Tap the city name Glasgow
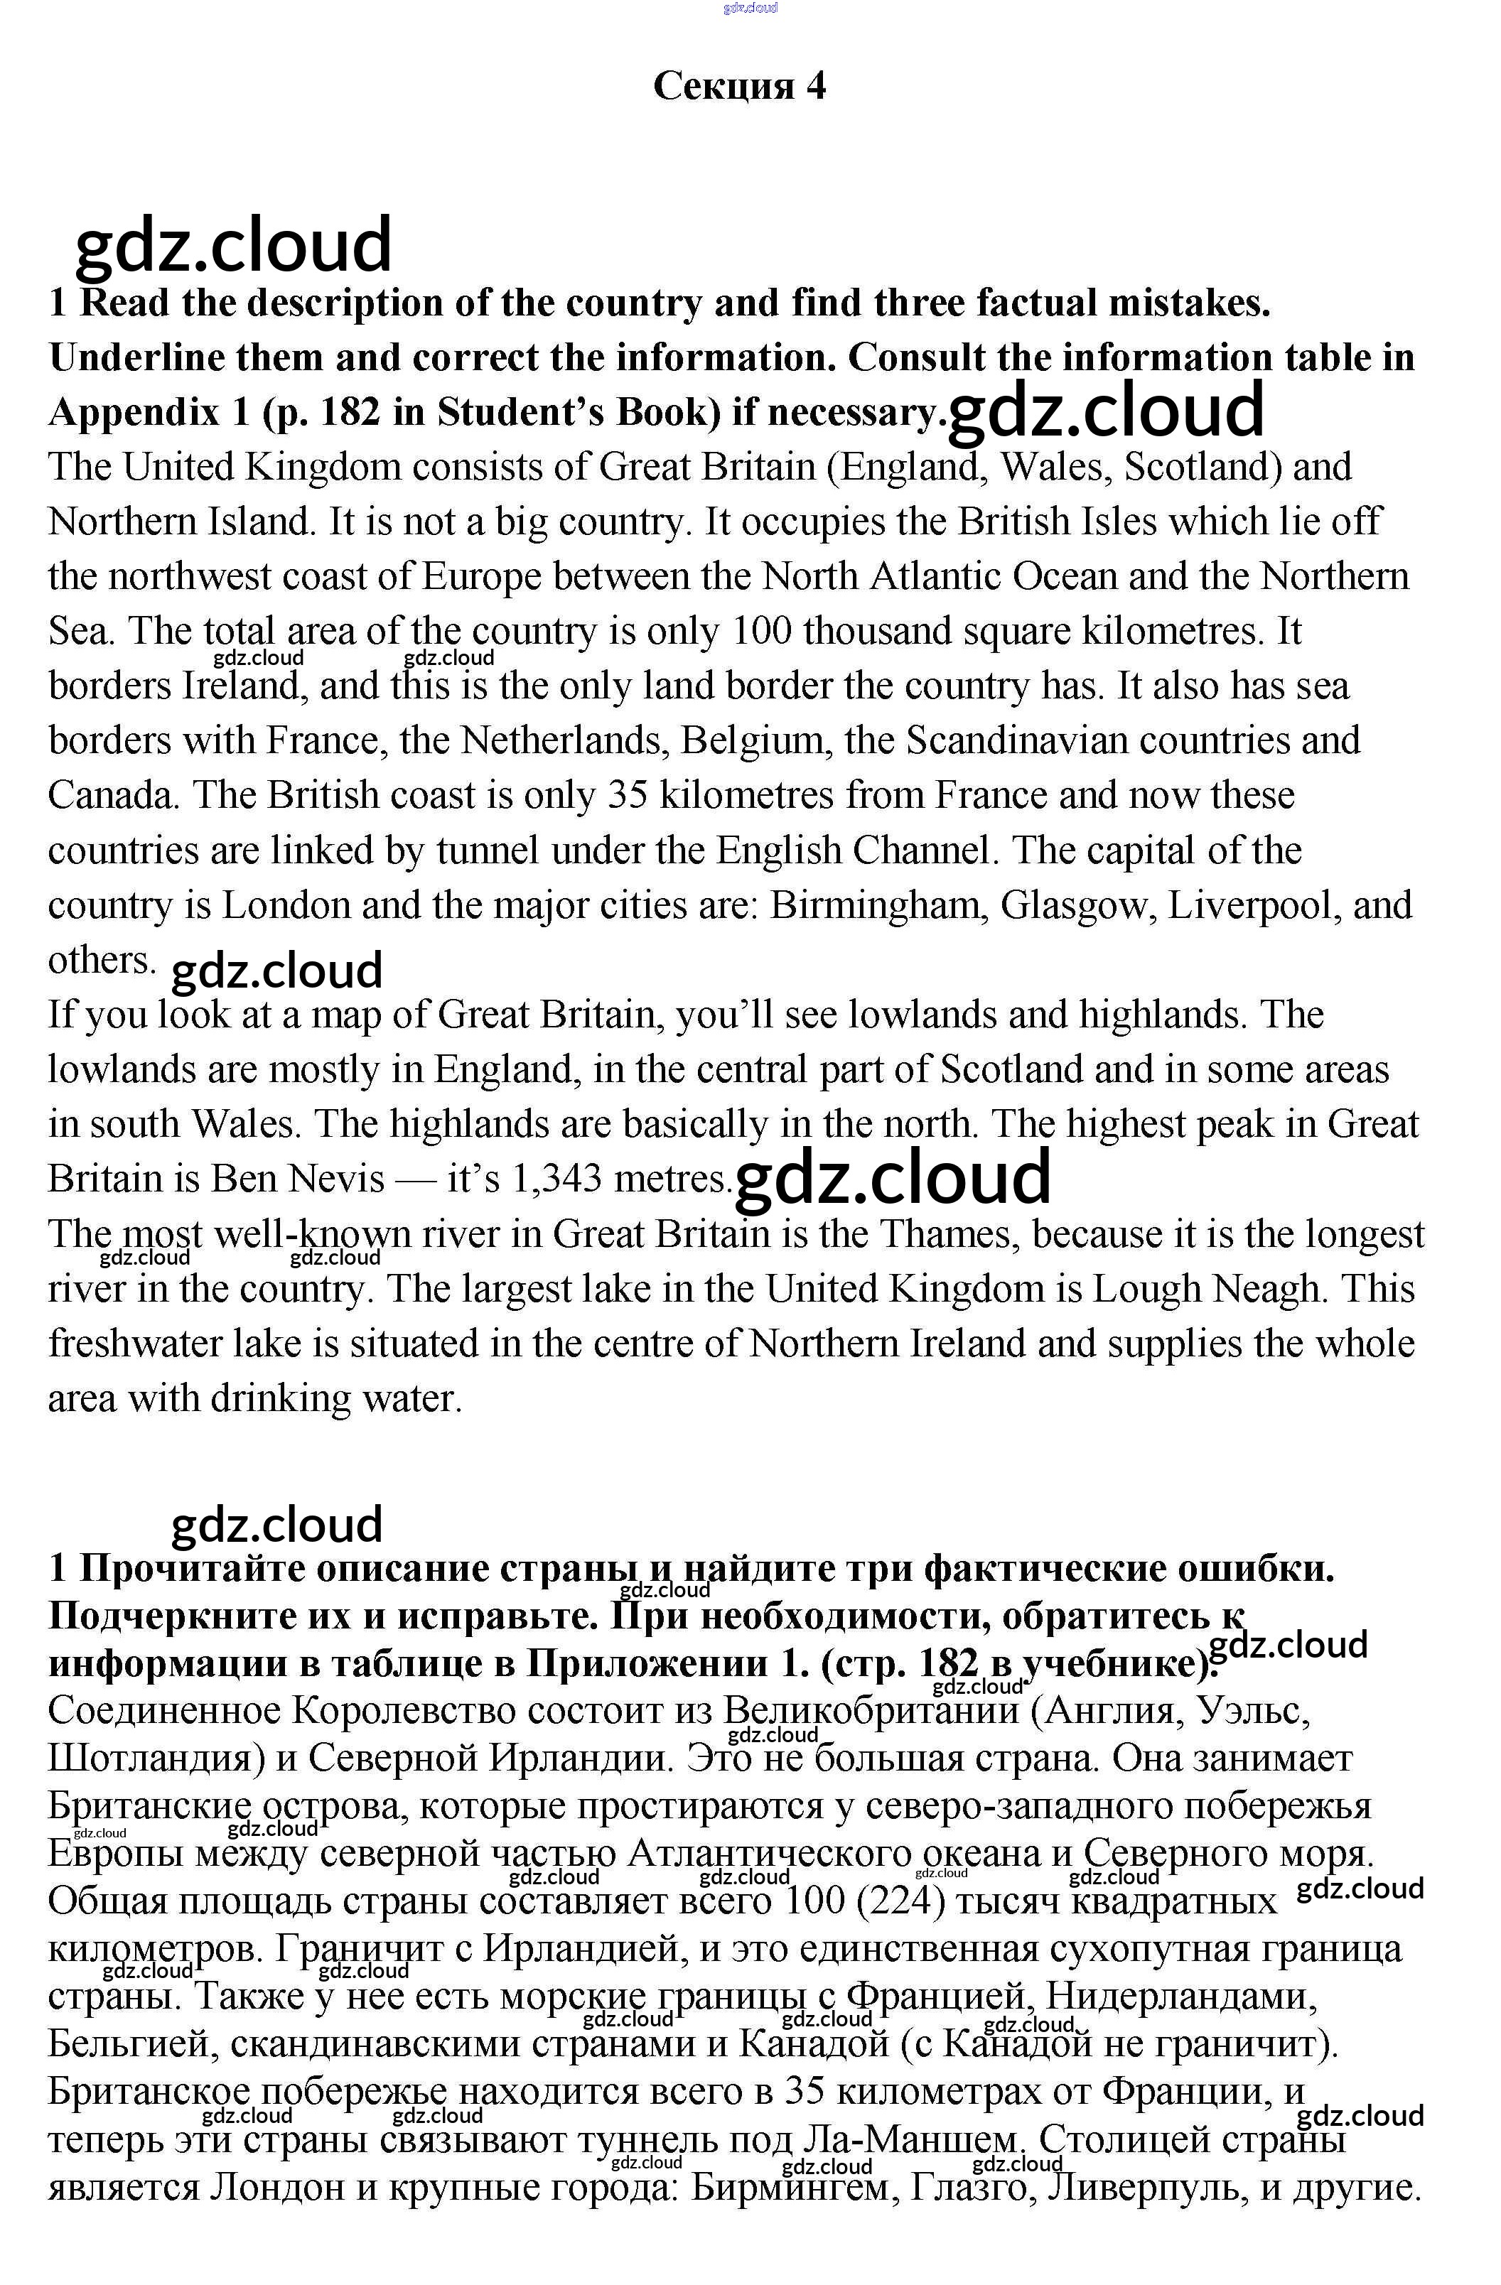click(1078, 905)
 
